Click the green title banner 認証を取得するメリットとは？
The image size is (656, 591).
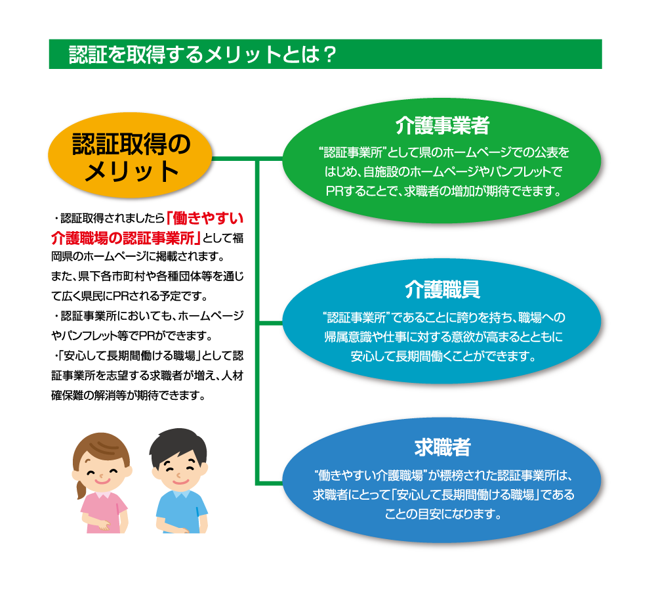(325, 54)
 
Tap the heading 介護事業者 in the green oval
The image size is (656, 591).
(443, 125)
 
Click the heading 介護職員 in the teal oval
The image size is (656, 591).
(443, 290)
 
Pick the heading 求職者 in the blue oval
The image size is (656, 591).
(443, 448)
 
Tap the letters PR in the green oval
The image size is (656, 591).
(337, 192)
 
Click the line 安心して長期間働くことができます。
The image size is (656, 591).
(443, 358)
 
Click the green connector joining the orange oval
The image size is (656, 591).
(233, 159)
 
